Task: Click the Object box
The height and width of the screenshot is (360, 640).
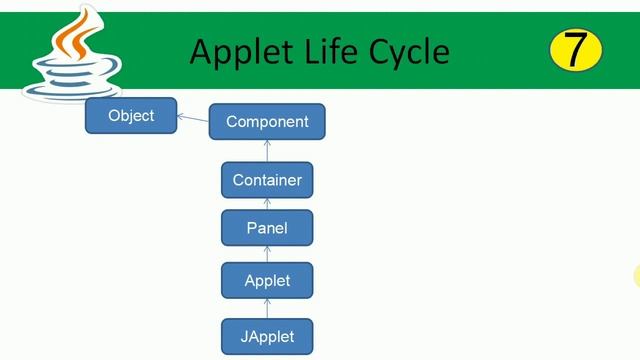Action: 131,116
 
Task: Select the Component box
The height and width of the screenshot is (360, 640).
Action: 267,122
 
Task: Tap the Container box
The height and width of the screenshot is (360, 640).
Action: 267,181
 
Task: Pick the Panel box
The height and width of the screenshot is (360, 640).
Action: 267,228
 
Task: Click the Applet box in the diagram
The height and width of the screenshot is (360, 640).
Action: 267,281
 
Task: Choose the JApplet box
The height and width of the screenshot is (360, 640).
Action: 267,336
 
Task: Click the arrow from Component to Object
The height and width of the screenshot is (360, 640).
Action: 193,119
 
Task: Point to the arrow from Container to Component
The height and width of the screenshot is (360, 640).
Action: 267,151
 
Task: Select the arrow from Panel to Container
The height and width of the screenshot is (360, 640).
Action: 267,205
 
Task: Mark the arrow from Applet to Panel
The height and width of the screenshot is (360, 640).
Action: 267,254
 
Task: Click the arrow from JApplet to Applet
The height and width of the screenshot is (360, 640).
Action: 267,309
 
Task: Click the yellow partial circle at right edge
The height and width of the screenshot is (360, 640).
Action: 636,276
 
